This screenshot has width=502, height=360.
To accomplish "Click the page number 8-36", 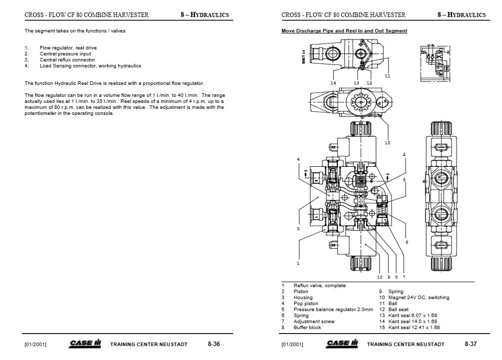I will (x=214, y=344).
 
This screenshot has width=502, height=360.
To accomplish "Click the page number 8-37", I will (x=471, y=344).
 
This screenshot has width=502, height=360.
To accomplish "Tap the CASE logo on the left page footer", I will (x=85, y=344).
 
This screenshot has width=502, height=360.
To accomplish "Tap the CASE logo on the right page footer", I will (x=342, y=344).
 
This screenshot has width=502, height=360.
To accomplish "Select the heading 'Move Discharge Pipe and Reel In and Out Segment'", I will (x=344, y=31).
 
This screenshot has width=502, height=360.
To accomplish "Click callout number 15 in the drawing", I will (x=387, y=143).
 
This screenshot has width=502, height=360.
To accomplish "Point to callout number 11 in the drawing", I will (x=387, y=76).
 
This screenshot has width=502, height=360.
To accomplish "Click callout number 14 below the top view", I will (x=333, y=82).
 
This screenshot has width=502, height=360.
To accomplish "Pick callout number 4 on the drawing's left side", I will (x=298, y=159).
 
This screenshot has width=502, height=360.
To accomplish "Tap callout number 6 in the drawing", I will (x=407, y=242).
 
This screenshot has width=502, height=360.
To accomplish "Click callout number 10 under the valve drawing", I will (x=380, y=277).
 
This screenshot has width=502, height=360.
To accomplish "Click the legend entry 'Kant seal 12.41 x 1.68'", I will (x=414, y=328).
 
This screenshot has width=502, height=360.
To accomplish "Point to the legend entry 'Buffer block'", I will (x=307, y=328).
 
